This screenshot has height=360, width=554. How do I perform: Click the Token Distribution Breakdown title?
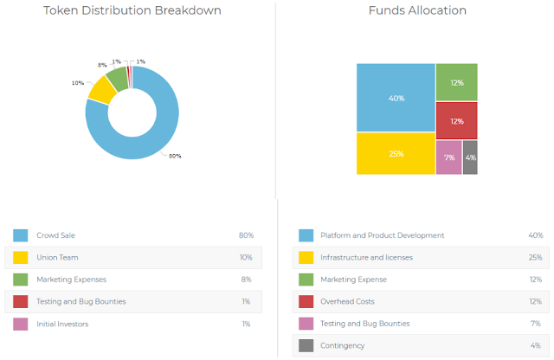click(132, 10)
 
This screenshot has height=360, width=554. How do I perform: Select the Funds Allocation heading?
click(417, 10)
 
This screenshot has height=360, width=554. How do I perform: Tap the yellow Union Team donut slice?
click(102, 91)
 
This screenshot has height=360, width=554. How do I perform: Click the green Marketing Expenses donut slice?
click(118, 80)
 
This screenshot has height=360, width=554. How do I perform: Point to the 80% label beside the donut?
click(175, 156)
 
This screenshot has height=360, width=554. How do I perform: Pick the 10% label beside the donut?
click(78, 83)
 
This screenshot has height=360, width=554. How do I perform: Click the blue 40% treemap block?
click(396, 98)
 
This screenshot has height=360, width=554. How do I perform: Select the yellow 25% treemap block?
click(396, 154)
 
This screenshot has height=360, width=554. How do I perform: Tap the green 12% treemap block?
click(457, 82)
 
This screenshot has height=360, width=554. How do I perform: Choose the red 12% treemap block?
click(457, 121)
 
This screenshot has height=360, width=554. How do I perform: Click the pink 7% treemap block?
click(449, 157)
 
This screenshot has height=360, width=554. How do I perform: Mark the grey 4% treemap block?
click(470, 157)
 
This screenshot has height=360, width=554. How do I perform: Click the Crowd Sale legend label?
click(55, 235)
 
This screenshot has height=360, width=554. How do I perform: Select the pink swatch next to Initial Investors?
click(21, 324)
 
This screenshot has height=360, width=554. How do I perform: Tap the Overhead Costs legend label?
click(347, 301)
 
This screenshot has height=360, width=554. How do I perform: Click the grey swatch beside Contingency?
click(306, 345)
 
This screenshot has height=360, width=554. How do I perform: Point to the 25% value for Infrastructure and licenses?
click(535, 257)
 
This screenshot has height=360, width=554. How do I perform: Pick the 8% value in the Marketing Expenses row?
click(246, 280)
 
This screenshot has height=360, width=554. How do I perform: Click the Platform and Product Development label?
click(383, 235)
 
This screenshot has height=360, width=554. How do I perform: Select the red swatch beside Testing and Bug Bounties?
click(21, 302)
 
